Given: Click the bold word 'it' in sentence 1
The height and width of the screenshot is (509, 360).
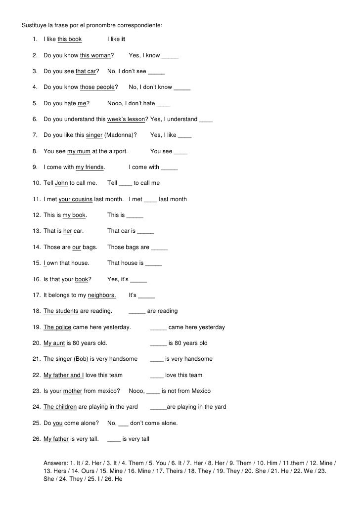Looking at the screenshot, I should coord(123,39).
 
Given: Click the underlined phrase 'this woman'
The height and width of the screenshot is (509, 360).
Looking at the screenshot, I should coord(95,55).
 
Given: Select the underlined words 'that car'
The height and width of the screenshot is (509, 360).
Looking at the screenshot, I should coord(86,71).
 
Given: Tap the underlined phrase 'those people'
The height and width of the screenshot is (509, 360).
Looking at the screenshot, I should coord(97,87).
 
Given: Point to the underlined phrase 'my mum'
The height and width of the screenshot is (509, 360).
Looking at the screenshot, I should coord(79,151).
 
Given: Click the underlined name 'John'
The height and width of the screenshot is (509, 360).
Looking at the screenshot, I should coord(61,183).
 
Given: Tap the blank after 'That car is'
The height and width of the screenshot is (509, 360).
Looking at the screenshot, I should coord(145,231).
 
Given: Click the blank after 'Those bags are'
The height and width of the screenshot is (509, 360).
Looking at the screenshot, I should coord(159,247).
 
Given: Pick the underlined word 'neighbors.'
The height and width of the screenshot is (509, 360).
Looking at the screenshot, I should coord(102,296).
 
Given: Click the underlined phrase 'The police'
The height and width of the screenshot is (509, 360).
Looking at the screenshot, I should coord(57,327).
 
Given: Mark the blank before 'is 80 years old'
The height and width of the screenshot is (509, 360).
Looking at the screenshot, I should coord(158,343).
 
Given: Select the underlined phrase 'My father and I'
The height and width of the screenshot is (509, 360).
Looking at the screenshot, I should coord(63,375).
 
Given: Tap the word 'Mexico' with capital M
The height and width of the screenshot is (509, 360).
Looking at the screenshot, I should coord(199,391).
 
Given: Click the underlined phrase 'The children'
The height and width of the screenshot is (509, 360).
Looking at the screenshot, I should coord(60,407).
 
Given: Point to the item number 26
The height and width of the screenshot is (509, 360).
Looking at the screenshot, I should coord(37,439).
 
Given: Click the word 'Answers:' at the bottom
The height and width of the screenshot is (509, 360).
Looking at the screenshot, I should coord(56,463).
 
